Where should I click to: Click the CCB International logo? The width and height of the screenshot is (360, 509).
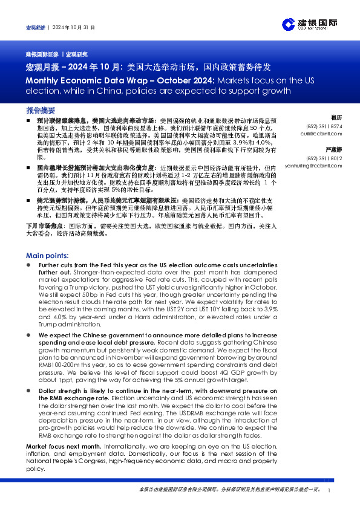[x=309, y=24]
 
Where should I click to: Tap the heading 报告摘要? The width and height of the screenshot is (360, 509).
[x=41, y=111]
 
